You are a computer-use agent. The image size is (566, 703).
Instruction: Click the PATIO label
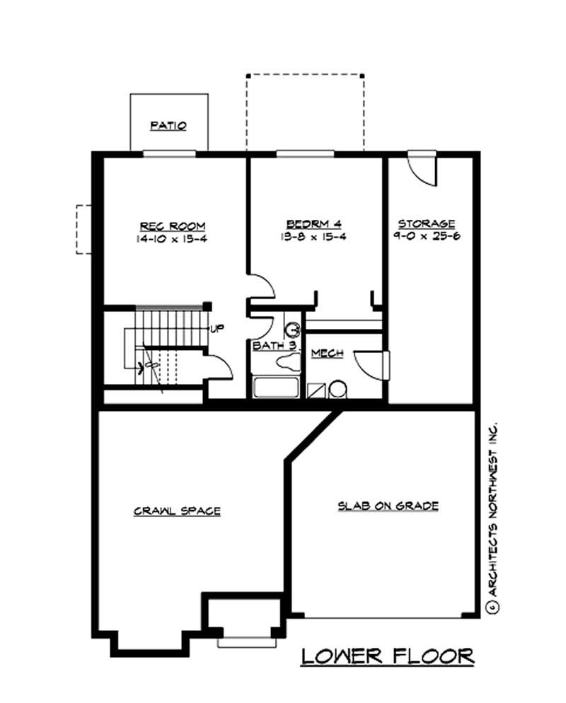point(168,126)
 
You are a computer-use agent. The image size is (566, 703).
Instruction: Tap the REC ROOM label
point(173,226)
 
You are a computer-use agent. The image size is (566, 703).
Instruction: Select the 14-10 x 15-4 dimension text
point(173,239)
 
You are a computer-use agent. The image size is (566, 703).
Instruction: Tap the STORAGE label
point(426,223)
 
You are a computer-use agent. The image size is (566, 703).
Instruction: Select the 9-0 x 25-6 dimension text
point(427,236)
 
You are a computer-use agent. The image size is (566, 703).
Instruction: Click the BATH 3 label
point(274,347)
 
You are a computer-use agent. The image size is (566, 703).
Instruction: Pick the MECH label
point(327,353)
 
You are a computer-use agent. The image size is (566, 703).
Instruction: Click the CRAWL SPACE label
point(177,511)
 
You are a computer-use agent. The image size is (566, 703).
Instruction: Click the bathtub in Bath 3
point(276,388)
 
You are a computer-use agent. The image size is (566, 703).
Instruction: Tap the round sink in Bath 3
point(294,329)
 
